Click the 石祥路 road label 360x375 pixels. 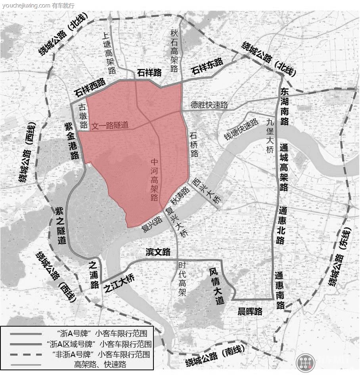tap(149, 73)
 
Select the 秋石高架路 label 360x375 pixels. tap(174, 50)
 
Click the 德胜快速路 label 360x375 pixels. tap(209, 105)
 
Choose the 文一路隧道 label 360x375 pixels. tap(110, 126)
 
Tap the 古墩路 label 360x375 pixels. tap(83, 115)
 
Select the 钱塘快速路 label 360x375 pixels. tap(241, 129)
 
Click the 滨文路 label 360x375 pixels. tap(158, 252)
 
